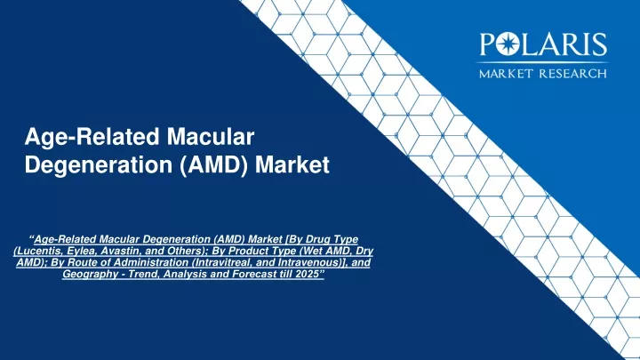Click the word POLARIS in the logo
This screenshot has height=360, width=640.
pyautogui.click(x=543, y=44)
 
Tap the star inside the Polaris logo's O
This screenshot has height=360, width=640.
pyautogui.click(x=508, y=44)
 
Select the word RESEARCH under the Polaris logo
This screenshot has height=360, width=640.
pyautogui.click(x=573, y=74)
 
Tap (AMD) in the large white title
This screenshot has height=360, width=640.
pyautogui.click(x=213, y=165)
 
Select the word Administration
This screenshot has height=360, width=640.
pyautogui.click(x=155, y=262)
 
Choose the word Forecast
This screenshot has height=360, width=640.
pyautogui.click(x=249, y=274)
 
